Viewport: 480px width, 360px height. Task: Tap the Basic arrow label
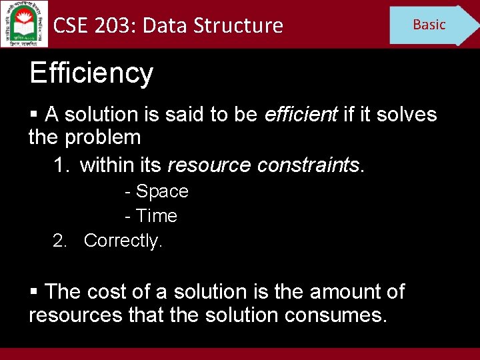tap(429, 25)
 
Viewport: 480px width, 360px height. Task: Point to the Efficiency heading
tap(91, 73)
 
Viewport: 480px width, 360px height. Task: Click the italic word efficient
tap(301, 115)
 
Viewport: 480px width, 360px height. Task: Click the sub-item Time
tap(156, 216)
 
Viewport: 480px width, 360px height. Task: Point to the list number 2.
tap(61, 240)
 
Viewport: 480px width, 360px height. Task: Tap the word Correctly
tap(123, 240)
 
